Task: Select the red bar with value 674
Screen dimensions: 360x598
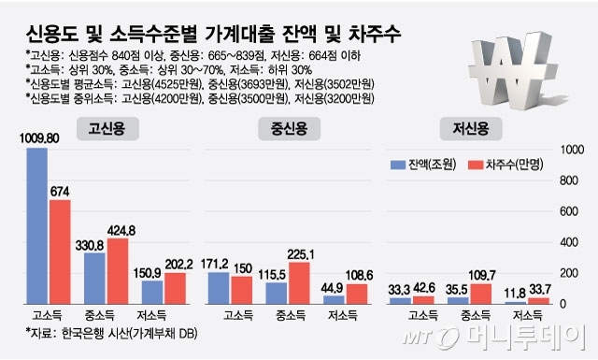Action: click(x=61, y=252)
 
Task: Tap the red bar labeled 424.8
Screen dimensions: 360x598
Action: click(x=118, y=271)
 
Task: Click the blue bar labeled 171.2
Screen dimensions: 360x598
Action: click(x=218, y=288)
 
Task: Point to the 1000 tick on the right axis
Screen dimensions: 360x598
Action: click(x=572, y=149)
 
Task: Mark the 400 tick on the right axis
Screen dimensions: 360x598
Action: click(x=572, y=242)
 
